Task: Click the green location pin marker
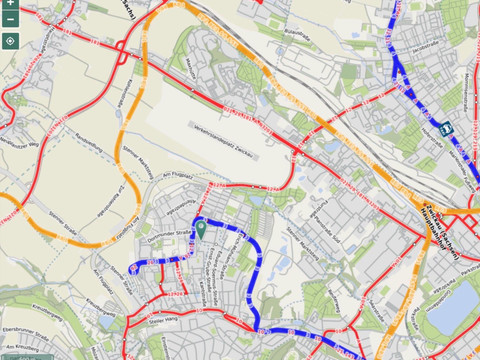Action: click(200, 229)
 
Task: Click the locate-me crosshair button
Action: click(9, 41)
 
